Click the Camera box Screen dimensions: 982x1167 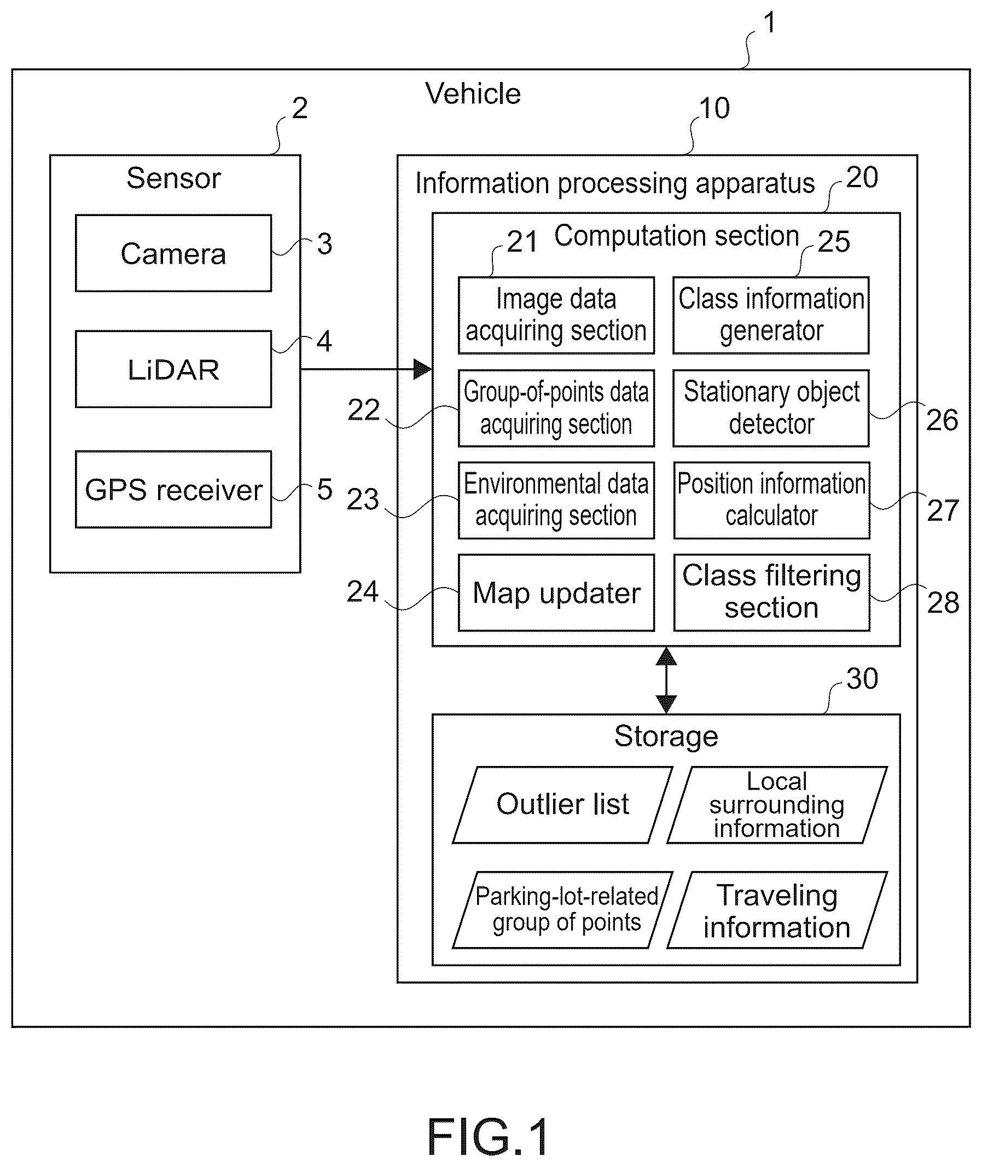coord(173,253)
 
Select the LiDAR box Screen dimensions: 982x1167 coord(173,369)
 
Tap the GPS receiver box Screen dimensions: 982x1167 coord(173,490)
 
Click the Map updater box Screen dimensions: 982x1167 coord(556,593)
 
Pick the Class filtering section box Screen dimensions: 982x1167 coord(771,593)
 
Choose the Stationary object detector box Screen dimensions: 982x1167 coord(771,408)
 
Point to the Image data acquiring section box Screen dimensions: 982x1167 coord(556,315)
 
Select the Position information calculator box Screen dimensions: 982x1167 coord(771,501)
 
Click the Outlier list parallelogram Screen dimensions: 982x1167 coord(563,805)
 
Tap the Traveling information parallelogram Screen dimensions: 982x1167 coord(777,910)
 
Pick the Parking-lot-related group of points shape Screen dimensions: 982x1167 coord(563,910)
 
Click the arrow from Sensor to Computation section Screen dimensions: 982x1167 coord(367,369)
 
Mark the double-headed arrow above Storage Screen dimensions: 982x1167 coord(666,681)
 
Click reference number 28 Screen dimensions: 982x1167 coord(943,602)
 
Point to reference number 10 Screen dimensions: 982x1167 coord(714,108)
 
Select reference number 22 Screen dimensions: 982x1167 coord(363,410)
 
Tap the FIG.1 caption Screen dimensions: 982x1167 coord(488,1137)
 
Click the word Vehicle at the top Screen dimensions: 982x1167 coord(473,94)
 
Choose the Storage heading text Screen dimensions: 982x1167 coord(666,736)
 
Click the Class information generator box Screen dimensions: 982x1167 coord(771,315)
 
